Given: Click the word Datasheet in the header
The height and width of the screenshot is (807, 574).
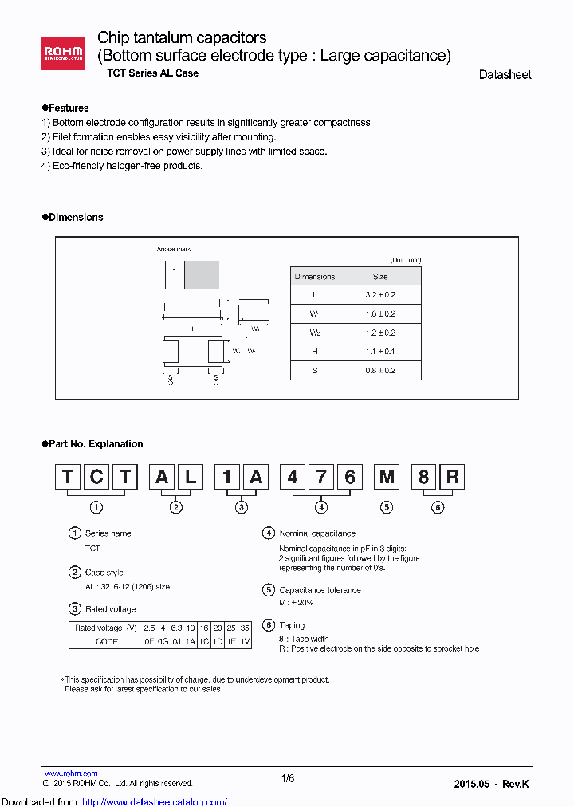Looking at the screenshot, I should [x=505, y=75].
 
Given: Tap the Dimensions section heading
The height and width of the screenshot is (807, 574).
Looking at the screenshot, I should [x=73, y=217].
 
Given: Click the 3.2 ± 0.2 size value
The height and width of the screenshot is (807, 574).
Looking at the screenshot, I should [x=380, y=295].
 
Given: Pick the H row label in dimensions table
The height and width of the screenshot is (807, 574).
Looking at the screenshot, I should [x=315, y=352].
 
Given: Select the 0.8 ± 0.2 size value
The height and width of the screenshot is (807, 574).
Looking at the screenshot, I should [x=380, y=371].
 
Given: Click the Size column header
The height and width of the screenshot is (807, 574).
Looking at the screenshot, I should [x=380, y=277].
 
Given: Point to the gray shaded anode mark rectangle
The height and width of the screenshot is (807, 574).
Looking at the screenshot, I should [x=202, y=275].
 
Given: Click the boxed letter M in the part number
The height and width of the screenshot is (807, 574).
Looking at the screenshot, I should [x=387, y=478].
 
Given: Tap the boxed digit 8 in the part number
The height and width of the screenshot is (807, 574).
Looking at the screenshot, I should [x=423, y=478].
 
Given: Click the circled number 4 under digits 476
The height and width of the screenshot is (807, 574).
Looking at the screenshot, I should [x=321, y=507].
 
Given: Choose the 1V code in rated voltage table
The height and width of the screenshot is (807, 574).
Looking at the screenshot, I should [x=244, y=641].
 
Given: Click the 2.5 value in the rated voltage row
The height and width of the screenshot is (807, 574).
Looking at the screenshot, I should [x=150, y=628].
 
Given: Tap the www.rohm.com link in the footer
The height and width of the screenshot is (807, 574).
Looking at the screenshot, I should [x=70, y=774].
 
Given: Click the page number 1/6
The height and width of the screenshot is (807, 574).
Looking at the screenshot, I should [x=288, y=779].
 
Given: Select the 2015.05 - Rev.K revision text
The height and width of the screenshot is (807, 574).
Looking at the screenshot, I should [x=491, y=784].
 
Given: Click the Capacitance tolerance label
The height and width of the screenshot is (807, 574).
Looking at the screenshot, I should [x=320, y=590].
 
